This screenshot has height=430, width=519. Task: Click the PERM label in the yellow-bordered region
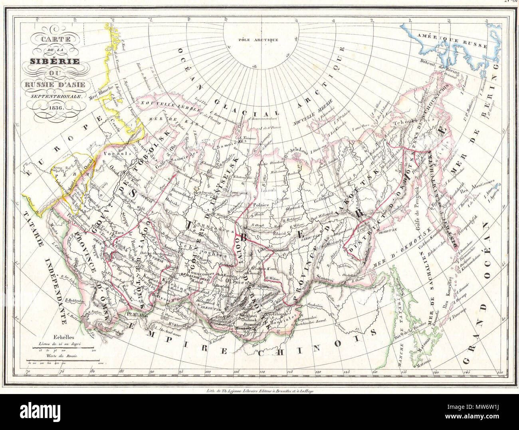(64, 175)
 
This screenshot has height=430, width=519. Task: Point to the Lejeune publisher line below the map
(259, 381)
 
